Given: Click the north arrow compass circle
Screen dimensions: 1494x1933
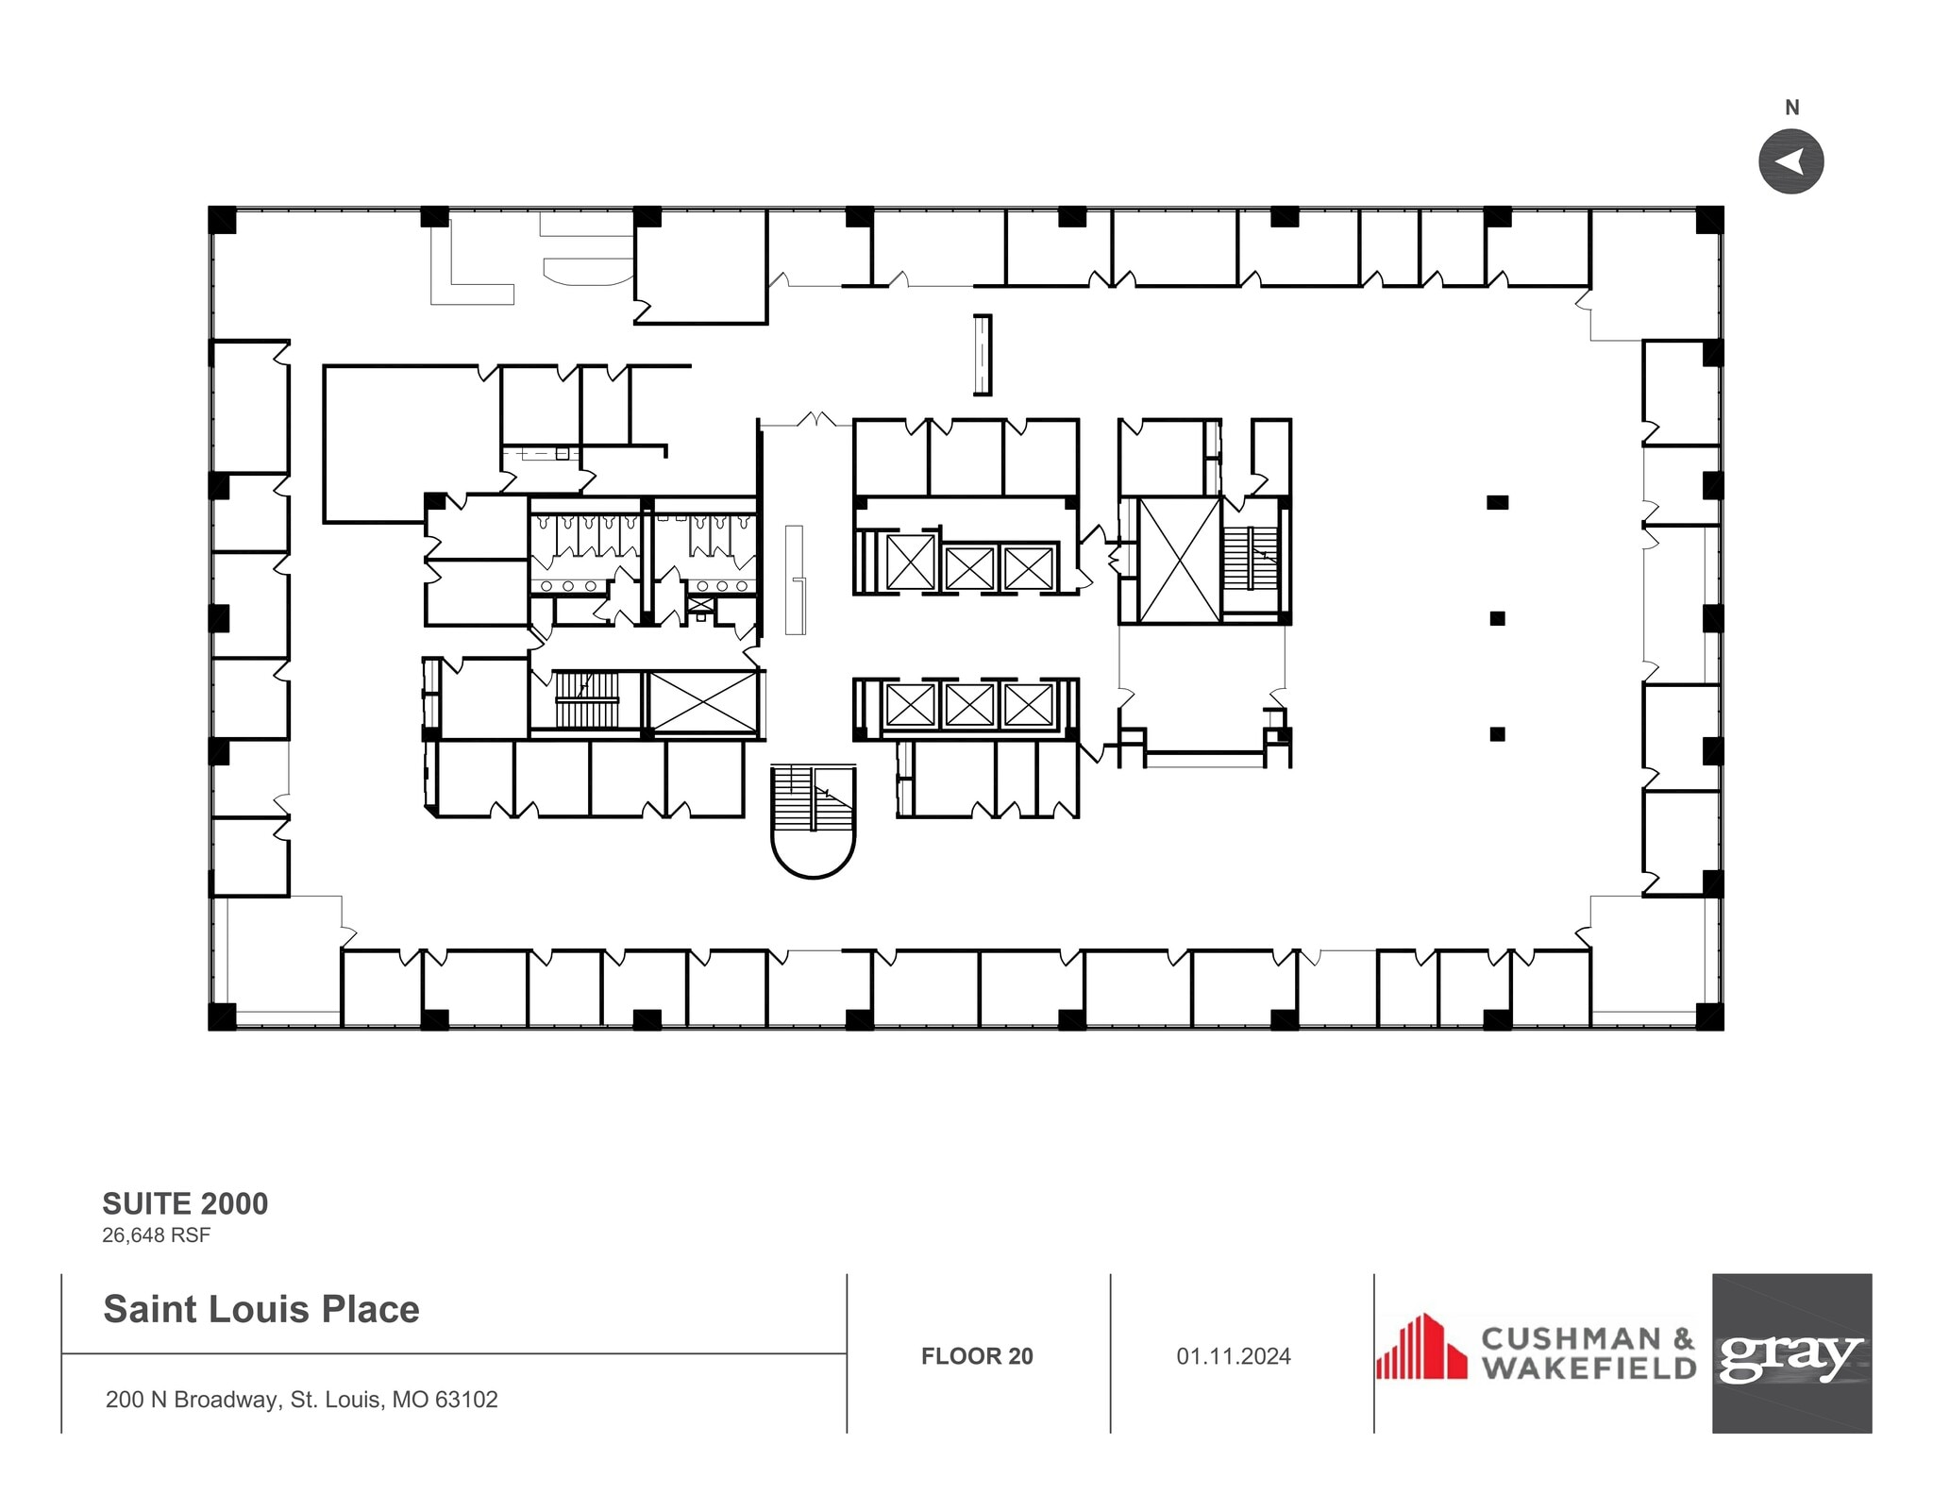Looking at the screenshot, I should tap(1790, 161).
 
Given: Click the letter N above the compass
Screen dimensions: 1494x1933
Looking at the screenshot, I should tap(1791, 109).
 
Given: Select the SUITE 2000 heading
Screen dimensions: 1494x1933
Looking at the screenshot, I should tap(185, 1203).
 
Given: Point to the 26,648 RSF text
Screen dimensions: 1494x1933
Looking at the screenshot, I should tap(156, 1234).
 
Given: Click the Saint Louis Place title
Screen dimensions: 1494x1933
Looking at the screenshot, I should tap(261, 1309).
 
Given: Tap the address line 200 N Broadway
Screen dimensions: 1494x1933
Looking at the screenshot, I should tap(301, 1399).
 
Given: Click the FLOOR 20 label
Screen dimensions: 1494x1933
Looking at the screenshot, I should tap(977, 1356).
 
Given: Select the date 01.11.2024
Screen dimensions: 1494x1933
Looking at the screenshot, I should tap(1233, 1356).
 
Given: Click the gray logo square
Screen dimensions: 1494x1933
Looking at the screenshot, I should tap(1791, 1352).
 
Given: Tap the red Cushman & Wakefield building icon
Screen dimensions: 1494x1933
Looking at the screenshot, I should tap(1421, 1348).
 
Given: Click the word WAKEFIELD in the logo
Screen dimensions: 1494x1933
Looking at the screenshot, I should tap(1588, 1368).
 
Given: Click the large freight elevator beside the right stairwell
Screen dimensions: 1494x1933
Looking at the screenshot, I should tap(1179, 561).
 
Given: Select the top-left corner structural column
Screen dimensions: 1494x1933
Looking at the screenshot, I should tap(222, 219).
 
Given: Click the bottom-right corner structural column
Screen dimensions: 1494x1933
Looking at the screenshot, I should tap(1709, 1016).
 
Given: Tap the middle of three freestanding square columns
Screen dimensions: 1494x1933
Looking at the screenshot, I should tap(1497, 618).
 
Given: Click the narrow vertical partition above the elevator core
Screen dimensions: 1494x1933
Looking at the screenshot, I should tap(983, 355).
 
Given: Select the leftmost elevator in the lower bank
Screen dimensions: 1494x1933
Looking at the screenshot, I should tap(910, 704).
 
